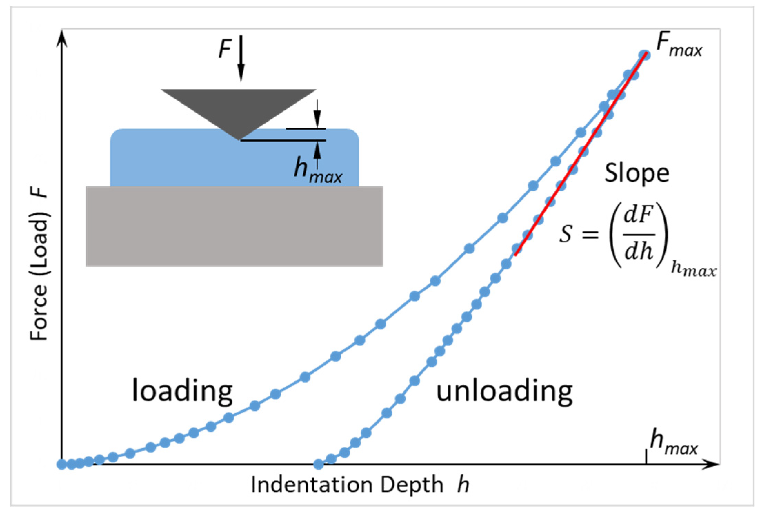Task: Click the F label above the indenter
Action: pyautogui.click(x=225, y=49)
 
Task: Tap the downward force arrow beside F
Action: pyautogui.click(x=241, y=59)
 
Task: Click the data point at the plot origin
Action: pyautogui.click(x=62, y=464)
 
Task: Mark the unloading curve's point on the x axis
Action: pyautogui.click(x=319, y=464)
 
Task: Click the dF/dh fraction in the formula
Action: pyautogui.click(x=638, y=235)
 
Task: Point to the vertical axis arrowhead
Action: pyautogui.click(x=62, y=37)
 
